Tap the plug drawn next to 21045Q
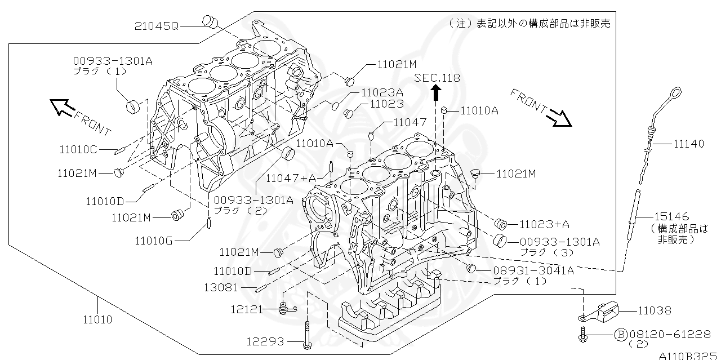(x=211, y=21)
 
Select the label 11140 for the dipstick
(x=688, y=144)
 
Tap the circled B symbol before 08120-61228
(x=620, y=335)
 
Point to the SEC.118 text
(x=437, y=78)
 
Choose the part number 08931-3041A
(x=533, y=270)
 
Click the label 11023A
(x=382, y=92)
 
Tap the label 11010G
(x=153, y=241)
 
